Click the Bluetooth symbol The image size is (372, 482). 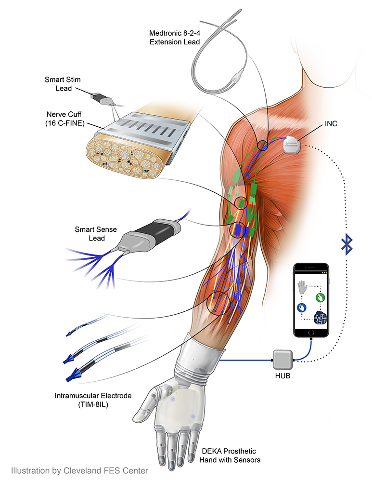[x=346, y=243]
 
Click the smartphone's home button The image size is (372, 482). [x=311, y=333]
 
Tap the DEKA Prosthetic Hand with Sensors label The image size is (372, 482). [x=231, y=455]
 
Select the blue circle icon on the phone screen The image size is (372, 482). [x=301, y=307]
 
